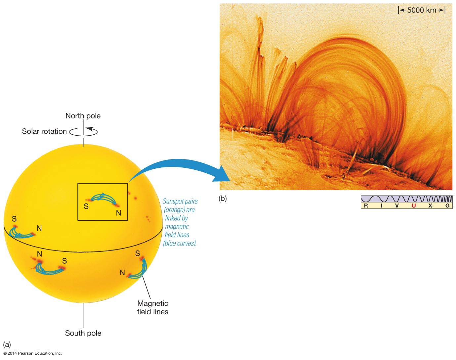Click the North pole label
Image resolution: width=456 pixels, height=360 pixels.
83,116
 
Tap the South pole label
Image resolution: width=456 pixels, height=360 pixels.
83,333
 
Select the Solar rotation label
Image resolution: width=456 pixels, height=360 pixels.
44,131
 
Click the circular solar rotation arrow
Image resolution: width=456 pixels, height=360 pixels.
83,132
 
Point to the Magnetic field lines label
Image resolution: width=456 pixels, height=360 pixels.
152,307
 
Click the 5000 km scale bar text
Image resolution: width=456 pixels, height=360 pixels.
422,10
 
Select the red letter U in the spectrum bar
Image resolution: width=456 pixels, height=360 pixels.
413,205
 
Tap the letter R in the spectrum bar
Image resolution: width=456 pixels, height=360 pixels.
366,205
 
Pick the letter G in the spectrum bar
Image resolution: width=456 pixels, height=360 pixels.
447,205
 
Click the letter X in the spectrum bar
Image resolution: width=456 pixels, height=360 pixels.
430,205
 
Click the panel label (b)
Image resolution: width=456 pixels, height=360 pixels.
223,199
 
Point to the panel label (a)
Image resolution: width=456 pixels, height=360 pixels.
7,344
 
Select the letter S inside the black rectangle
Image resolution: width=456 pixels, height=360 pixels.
86,206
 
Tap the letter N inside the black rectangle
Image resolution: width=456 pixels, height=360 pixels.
118,213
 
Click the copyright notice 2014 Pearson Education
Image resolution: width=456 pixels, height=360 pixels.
32,353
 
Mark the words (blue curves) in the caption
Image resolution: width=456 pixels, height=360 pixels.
180,243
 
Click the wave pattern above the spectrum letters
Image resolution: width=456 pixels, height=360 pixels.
406,199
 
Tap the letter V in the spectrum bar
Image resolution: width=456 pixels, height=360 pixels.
397,205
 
